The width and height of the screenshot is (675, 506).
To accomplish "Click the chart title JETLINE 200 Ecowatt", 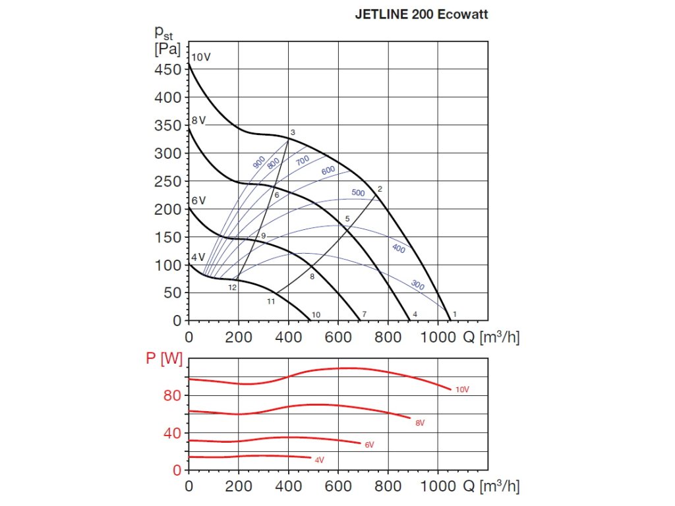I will (422, 14).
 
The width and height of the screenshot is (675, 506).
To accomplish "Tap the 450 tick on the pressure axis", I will (167, 70).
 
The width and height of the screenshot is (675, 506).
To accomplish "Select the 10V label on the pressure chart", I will (201, 57).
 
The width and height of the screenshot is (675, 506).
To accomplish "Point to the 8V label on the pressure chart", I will (199, 121).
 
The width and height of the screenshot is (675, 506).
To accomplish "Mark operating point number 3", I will (293, 133).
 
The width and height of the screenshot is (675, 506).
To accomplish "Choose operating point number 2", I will (380, 189).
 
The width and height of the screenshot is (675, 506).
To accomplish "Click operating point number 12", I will (233, 288).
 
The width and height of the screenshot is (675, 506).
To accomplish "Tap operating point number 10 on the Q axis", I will (316, 314).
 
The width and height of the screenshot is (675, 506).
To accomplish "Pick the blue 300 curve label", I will (418, 285).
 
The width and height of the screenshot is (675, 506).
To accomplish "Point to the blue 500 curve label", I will (358, 193).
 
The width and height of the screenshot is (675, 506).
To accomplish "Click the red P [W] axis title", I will (163, 359).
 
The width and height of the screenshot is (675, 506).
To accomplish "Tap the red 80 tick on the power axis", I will (172, 395).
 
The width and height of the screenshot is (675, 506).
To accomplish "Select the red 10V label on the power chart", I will (463, 389).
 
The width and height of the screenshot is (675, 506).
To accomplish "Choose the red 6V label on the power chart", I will (369, 445).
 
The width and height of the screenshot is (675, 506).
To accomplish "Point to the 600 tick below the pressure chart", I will (338, 337).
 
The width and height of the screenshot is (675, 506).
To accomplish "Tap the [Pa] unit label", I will (167, 49).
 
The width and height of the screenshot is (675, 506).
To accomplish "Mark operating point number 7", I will (364, 314).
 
